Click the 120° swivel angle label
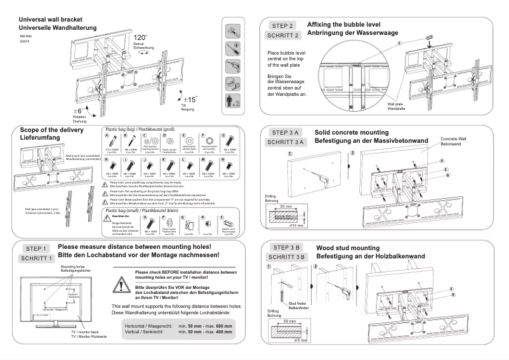pyautogui.click(x=141, y=38)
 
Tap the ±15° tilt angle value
pyautogui.click(x=189, y=99)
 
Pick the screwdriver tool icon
pyautogui.click(x=233, y=66)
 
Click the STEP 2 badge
pyautogui.click(x=282, y=26)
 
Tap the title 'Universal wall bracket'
pyautogui.click(x=50, y=20)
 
